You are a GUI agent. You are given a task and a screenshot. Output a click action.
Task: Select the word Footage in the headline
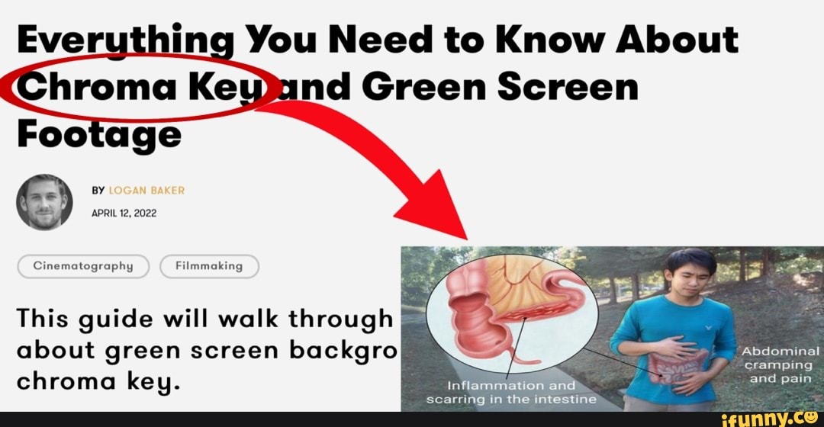(x=98, y=135)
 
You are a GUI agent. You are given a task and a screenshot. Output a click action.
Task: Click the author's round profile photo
(x=44, y=202)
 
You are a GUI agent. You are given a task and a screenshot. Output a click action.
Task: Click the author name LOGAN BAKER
(x=147, y=190)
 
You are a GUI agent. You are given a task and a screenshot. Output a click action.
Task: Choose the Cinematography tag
(x=82, y=266)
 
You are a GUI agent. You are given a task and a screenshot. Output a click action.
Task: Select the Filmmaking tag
(x=209, y=266)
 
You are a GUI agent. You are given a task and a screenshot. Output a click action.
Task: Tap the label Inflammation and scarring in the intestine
(x=511, y=391)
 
